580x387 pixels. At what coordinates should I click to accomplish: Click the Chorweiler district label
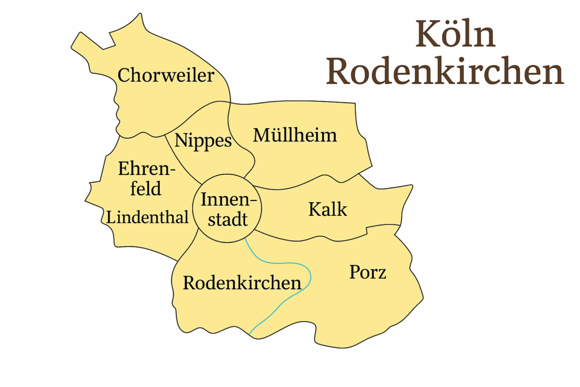click(x=165, y=75)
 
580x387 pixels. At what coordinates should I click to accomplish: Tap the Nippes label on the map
click(x=203, y=141)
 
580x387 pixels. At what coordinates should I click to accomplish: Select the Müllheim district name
click(x=295, y=135)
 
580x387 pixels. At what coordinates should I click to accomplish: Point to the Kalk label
click(x=327, y=209)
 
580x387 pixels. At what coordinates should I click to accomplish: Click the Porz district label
click(x=368, y=273)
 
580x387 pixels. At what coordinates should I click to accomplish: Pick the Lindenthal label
click(x=147, y=217)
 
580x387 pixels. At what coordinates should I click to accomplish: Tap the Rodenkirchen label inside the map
click(x=242, y=283)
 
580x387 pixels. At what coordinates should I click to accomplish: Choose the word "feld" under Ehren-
click(x=146, y=188)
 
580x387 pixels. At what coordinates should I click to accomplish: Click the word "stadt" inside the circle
click(x=228, y=219)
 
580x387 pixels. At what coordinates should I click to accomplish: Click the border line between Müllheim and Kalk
click(x=306, y=184)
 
